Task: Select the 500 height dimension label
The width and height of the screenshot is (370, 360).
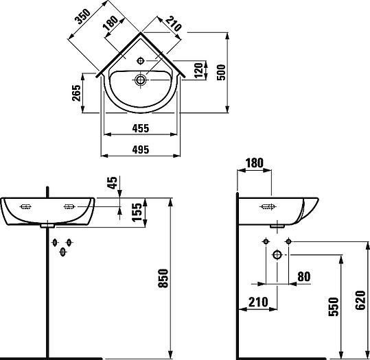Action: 222,70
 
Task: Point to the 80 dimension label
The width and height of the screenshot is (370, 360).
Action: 304,277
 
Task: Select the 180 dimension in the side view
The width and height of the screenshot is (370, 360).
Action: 253,163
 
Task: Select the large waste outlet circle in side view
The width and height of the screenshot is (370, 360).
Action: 277,254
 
